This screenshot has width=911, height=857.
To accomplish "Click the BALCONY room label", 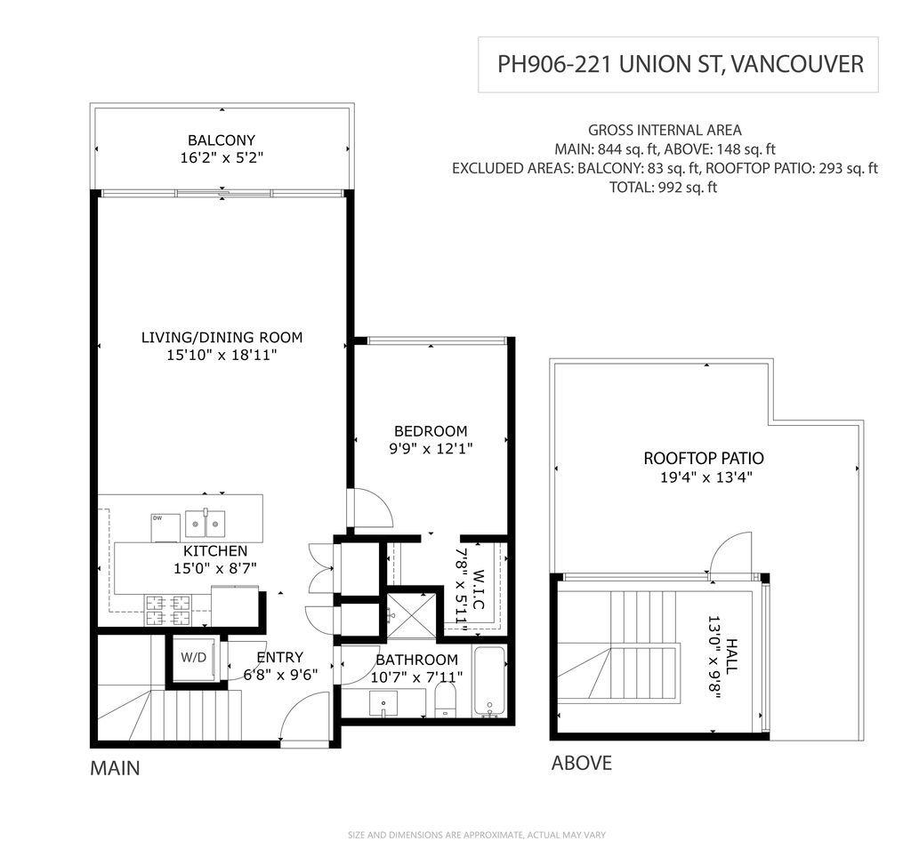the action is tap(222, 140).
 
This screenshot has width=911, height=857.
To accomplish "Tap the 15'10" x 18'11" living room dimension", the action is tap(222, 355).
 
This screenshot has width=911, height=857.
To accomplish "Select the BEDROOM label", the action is tap(431, 431).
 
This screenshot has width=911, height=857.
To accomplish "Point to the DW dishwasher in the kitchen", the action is tap(165, 527).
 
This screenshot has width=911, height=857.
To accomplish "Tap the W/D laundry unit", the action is tap(194, 658).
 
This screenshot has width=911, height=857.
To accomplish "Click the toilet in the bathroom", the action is tap(446, 699).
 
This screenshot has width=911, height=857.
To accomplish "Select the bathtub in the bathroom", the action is tap(488, 682).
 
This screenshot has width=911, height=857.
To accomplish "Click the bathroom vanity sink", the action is tap(383, 704).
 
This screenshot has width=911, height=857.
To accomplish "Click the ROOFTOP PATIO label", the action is tap(704, 458).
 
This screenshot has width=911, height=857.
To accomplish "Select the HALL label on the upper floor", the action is tap(731, 656).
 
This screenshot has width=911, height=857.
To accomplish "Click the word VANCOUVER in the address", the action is tap(796, 64).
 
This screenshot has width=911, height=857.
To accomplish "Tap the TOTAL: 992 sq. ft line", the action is tap(663, 188).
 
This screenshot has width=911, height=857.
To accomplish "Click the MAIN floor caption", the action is tap(115, 768).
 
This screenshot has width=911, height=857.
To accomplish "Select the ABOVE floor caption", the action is tap(582, 763).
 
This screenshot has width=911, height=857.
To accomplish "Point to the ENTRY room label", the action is tap(280, 657).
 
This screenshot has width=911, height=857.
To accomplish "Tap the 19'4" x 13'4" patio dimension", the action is tap(706, 478).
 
